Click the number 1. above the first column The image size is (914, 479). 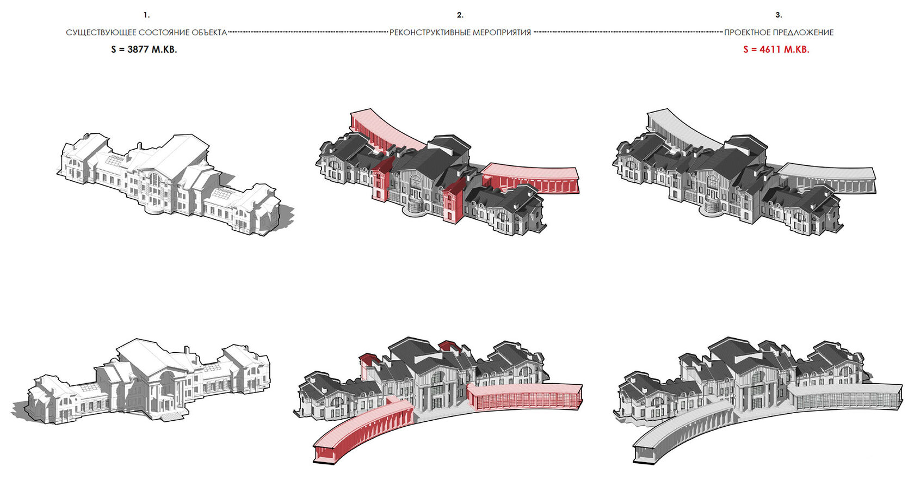(x=146, y=15)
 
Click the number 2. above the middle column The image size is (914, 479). (x=460, y=15)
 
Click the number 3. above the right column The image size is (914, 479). (x=779, y=15)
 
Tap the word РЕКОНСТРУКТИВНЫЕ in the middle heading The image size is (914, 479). (x=430, y=33)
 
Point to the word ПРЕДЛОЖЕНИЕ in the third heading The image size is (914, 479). (x=807, y=33)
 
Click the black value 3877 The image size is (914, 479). (x=138, y=50)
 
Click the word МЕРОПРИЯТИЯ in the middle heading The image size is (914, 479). (x=502, y=33)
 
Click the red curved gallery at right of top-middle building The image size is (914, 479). (x=530, y=177)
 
